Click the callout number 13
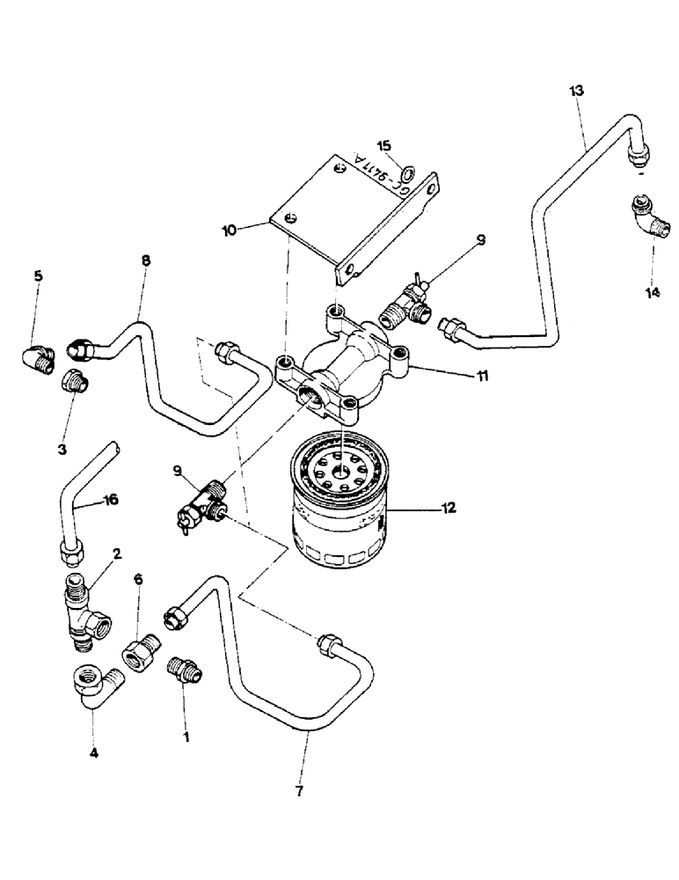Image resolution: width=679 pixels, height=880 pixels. click(x=576, y=90)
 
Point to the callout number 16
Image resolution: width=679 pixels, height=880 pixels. click(x=110, y=500)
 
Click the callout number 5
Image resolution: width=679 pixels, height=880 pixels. click(x=38, y=275)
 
